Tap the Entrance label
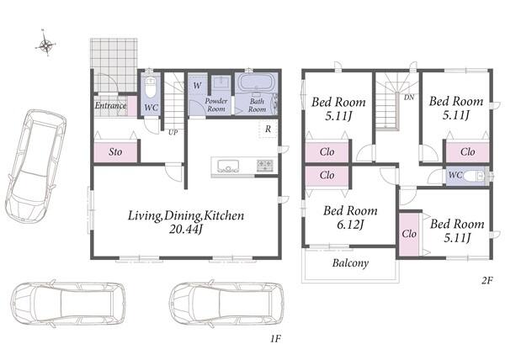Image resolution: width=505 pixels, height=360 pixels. pos(110,105)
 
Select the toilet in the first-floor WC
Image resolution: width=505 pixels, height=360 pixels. pos(150,86)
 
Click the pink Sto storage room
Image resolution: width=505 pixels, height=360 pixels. pos(115,151)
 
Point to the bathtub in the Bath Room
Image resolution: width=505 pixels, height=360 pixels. pos(257,83)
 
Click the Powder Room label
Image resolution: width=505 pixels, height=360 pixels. pos(216,105)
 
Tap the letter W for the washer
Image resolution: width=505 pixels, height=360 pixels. pos(198,86)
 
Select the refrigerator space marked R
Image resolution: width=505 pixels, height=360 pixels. pos(268,130)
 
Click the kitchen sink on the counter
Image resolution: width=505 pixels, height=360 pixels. pos(228,166)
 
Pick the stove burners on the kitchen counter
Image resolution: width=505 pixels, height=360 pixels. pos(265,165)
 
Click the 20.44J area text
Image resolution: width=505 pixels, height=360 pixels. pos(186,229)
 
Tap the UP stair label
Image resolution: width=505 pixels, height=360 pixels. pos(173,132)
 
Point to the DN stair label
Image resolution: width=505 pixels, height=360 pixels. pos(409,98)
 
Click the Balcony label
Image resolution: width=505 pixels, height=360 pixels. pos(350,263)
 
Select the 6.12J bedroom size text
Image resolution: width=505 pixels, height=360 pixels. pos(350,225)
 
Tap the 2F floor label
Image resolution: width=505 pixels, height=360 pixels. pos(487,281)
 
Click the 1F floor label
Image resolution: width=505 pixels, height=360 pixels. pos(276,339)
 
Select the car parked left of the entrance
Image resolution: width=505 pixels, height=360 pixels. pos(35,165)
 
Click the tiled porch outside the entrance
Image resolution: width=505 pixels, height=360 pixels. pos(114,65)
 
